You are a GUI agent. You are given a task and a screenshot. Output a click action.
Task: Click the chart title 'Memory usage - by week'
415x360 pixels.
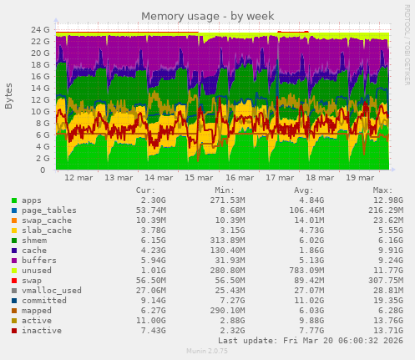[x=207, y=16]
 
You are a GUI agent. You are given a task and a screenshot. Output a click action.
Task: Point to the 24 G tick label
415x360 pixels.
[x=40, y=30]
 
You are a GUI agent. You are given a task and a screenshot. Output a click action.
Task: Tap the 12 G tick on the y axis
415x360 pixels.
[x=40, y=100]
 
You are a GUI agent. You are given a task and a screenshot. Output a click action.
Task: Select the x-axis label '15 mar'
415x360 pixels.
[x=200, y=178]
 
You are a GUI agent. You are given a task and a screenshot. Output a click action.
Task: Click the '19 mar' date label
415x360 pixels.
[x=360, y=178]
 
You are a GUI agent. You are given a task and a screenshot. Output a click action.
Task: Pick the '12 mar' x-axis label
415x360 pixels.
[x=78, y=178]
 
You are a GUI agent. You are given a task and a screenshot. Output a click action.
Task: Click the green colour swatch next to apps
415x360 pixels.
[x=14, y=200]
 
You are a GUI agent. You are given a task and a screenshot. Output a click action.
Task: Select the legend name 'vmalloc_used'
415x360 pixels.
[x=52, y=290]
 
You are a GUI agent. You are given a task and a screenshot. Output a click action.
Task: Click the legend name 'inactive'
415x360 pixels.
[x=42, y=331]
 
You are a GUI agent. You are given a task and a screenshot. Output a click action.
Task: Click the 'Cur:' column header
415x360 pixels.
[x=144, y=190]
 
